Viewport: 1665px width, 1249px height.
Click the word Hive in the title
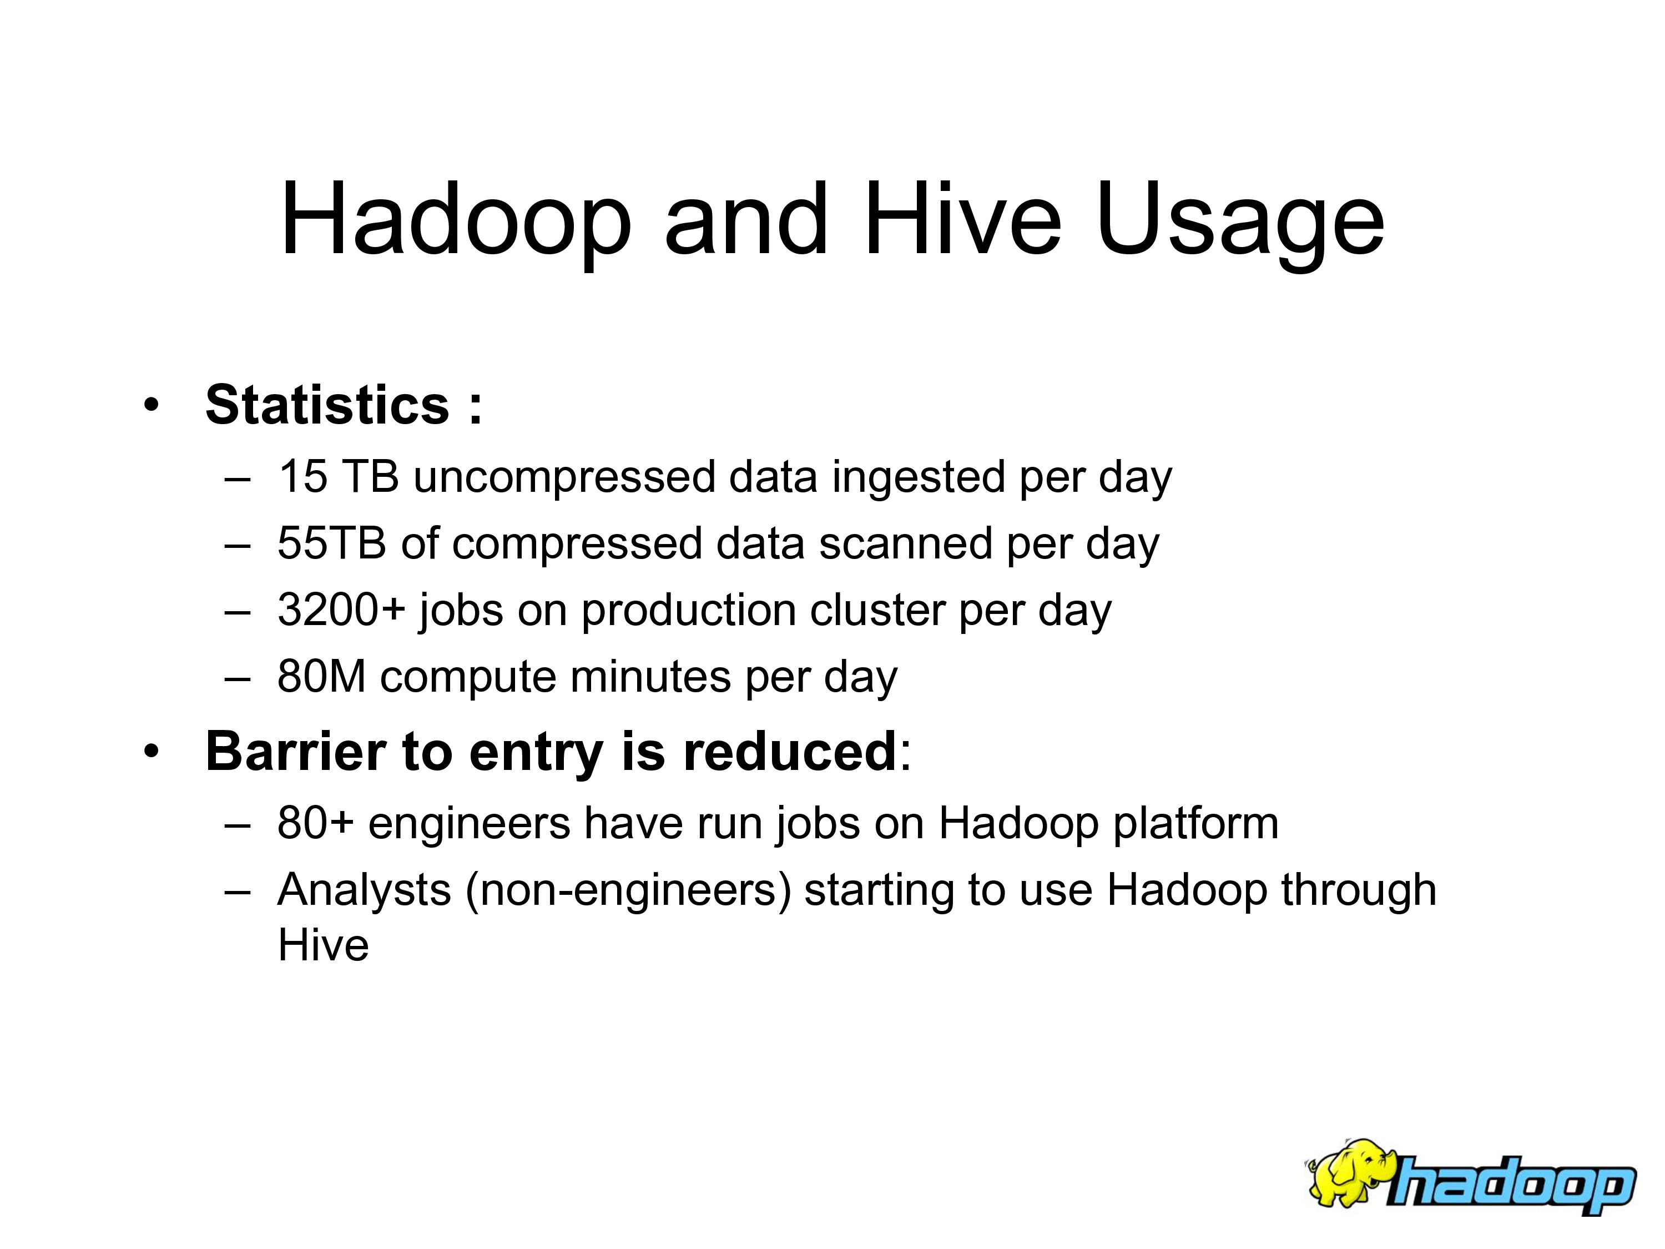click(x=962, y=219)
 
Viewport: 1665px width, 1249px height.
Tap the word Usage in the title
click(x=1240, y=224)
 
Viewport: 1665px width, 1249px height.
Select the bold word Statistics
click(x=327, y=405)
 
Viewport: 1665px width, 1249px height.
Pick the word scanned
click(x=906, y=543)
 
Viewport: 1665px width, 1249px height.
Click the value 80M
click(x=321, y=676)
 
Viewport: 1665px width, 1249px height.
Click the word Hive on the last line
click(x=324, y=945)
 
